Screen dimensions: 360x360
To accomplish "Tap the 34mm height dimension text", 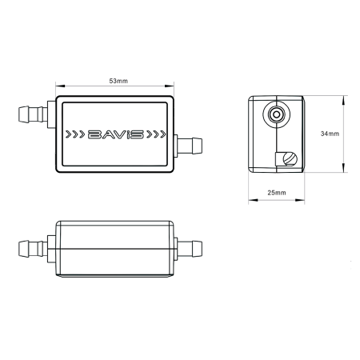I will point(328,134).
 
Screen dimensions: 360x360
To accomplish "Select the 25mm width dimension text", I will point(277,193).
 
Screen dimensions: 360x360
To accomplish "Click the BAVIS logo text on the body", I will point(115,134).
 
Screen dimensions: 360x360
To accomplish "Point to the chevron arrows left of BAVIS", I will point(75,134).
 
